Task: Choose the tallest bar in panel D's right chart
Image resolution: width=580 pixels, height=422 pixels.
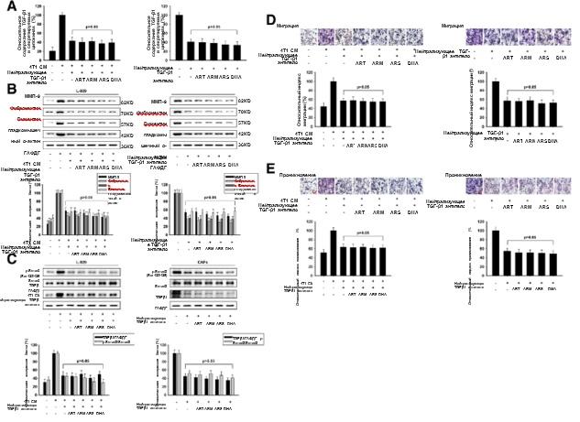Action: (x=496, y=100)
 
